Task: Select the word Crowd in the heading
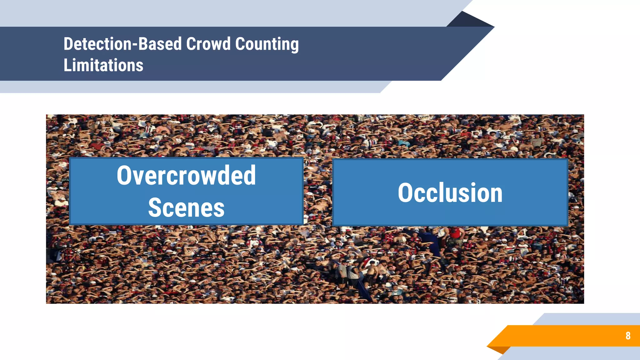point(208,44)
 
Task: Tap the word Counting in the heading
point(267,44)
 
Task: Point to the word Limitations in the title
point(103,65)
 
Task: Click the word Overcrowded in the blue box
point(186,175)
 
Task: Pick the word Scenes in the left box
point(186,208)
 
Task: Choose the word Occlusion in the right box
point(450,193)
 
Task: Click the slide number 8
point(628,336)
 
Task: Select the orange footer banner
point(562,336)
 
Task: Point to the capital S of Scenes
point(153,208)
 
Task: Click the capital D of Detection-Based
point(68,44)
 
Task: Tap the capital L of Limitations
point(67,65)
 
